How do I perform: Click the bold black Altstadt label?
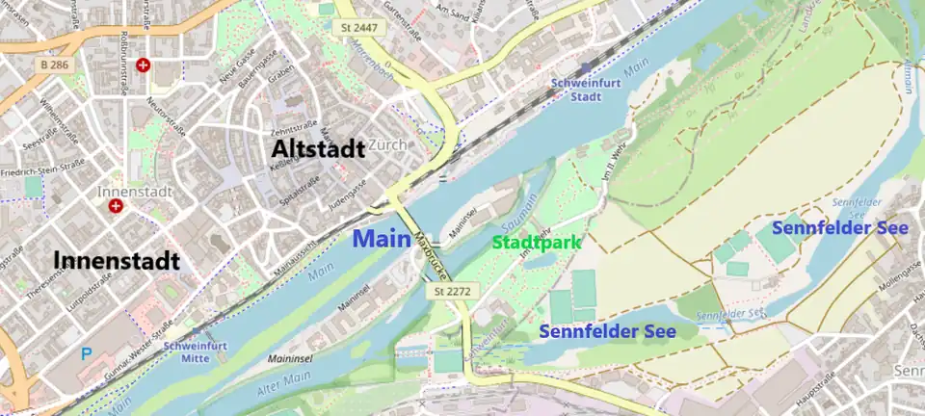coord(318,148)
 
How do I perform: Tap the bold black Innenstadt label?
coord(117,260)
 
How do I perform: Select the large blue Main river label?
coord(383,239)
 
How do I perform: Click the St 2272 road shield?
coord(450,290)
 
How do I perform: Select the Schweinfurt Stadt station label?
coord(576,91)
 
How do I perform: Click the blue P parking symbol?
coord(87,354)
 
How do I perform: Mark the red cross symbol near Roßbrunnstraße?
coord(144,65)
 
